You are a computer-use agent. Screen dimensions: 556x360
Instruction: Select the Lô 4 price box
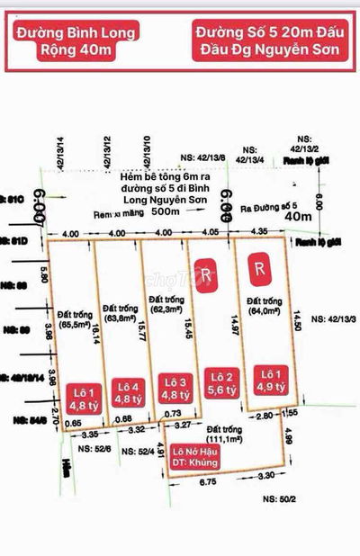pos(127,391)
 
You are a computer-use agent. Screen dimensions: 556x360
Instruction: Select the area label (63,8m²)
pos(120,316)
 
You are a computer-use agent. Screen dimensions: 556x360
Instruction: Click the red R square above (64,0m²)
pos(259,267)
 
